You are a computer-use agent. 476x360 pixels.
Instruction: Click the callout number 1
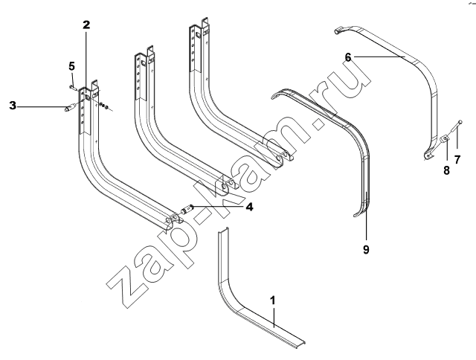[273, 300]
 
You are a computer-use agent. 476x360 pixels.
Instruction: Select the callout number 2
[86, 25]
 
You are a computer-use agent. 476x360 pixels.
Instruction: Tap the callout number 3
[13, 106]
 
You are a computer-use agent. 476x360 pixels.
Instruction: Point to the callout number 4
[249, 207]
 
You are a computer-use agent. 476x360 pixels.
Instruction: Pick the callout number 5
[71, 66]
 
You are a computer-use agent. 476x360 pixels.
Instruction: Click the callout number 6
[348, 57]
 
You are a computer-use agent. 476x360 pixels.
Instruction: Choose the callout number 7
[457, 159]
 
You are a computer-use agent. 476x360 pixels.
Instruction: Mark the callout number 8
[446, 170]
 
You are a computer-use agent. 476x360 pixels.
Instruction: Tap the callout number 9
[366, 249]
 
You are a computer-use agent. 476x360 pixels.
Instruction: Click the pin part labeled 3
[70, 108]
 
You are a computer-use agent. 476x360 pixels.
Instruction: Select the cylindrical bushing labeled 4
[187, 210]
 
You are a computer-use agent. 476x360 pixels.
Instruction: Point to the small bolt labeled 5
[72, 88]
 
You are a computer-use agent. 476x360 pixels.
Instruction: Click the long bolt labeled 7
[454, 127]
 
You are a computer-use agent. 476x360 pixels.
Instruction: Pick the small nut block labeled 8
[444, 139]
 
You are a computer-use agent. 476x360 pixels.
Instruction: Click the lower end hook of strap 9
[358, 213]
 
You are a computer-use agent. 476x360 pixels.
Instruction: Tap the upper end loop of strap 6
[339, 30]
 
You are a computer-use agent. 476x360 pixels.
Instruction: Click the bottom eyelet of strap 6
[428, 155]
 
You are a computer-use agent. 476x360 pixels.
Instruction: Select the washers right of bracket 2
[104, 106]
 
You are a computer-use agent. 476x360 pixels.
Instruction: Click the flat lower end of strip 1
[299, 342]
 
